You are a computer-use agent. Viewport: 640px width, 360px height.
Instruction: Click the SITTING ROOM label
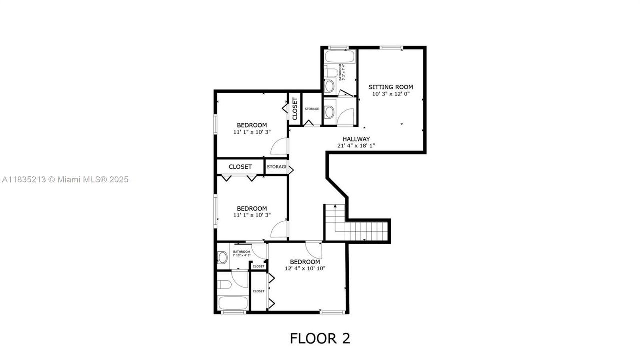click(x=391, y=87)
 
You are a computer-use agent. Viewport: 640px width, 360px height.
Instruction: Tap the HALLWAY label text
click(x=356, y=139)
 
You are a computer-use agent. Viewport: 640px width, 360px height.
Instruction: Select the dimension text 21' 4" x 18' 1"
click(x=356, y=146)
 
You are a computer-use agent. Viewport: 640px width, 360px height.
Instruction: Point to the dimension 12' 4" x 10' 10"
click(x=305, y=269)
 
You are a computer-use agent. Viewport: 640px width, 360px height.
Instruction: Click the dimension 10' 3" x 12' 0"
click(x=391, y=94)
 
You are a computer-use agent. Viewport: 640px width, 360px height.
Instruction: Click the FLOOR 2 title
click(x=320, y=338)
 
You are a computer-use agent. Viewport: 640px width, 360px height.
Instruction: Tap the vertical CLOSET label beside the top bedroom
click(x=295, y=109)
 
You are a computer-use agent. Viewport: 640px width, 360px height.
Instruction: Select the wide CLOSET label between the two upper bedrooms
click(x=240, y=167)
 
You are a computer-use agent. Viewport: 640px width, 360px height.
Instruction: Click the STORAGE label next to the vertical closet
click(x=312, y=109)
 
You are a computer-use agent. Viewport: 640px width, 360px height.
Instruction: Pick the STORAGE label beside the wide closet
click(x=276, y=167)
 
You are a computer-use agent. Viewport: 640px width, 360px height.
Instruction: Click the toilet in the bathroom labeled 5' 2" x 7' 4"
click(x=329, y=86)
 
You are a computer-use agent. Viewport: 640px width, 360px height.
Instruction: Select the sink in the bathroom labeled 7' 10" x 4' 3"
click(x=222, y=258)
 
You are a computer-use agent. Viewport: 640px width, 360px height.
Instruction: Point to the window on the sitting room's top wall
click(x=391, y=48)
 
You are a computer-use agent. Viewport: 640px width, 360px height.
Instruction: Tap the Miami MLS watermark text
click(x=65, y=179)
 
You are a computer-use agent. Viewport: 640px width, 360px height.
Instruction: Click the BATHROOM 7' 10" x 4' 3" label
click(x=241, y=253)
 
